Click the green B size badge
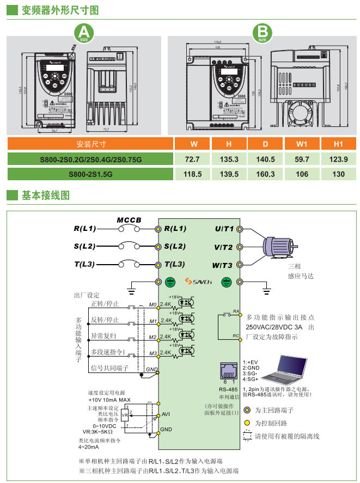tap(263, 34)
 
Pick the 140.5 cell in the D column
tap(265, 159)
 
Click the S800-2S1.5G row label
tap(90, 174)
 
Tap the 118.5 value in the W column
tap(192, 174)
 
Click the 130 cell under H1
tap(338, 174)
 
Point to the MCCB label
tap(129, 220)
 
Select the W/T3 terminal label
tap(223, 265)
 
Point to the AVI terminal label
tap(166, 414)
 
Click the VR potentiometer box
tap(124, 414)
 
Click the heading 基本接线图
tap(45, 194)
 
